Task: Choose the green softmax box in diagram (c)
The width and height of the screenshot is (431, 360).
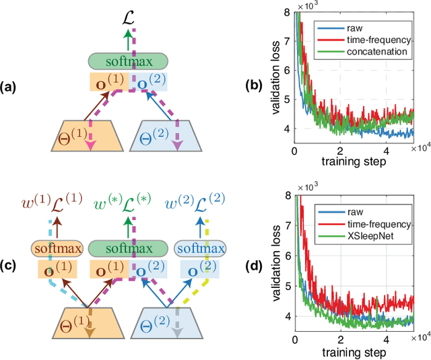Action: pos(128,249)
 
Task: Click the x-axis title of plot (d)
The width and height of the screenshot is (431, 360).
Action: pos(354,352)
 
